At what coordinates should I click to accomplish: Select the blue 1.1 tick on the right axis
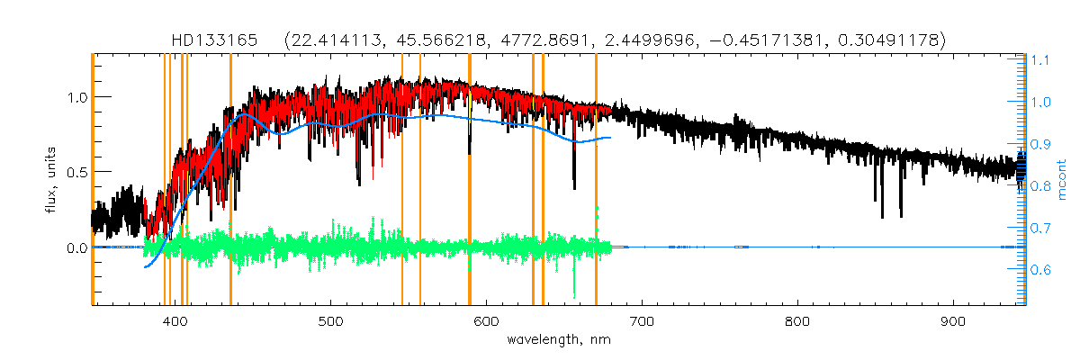[1040, 60]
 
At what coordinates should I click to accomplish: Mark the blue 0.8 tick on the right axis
[1040, 186]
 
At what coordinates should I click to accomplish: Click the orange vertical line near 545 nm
[401, 180]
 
